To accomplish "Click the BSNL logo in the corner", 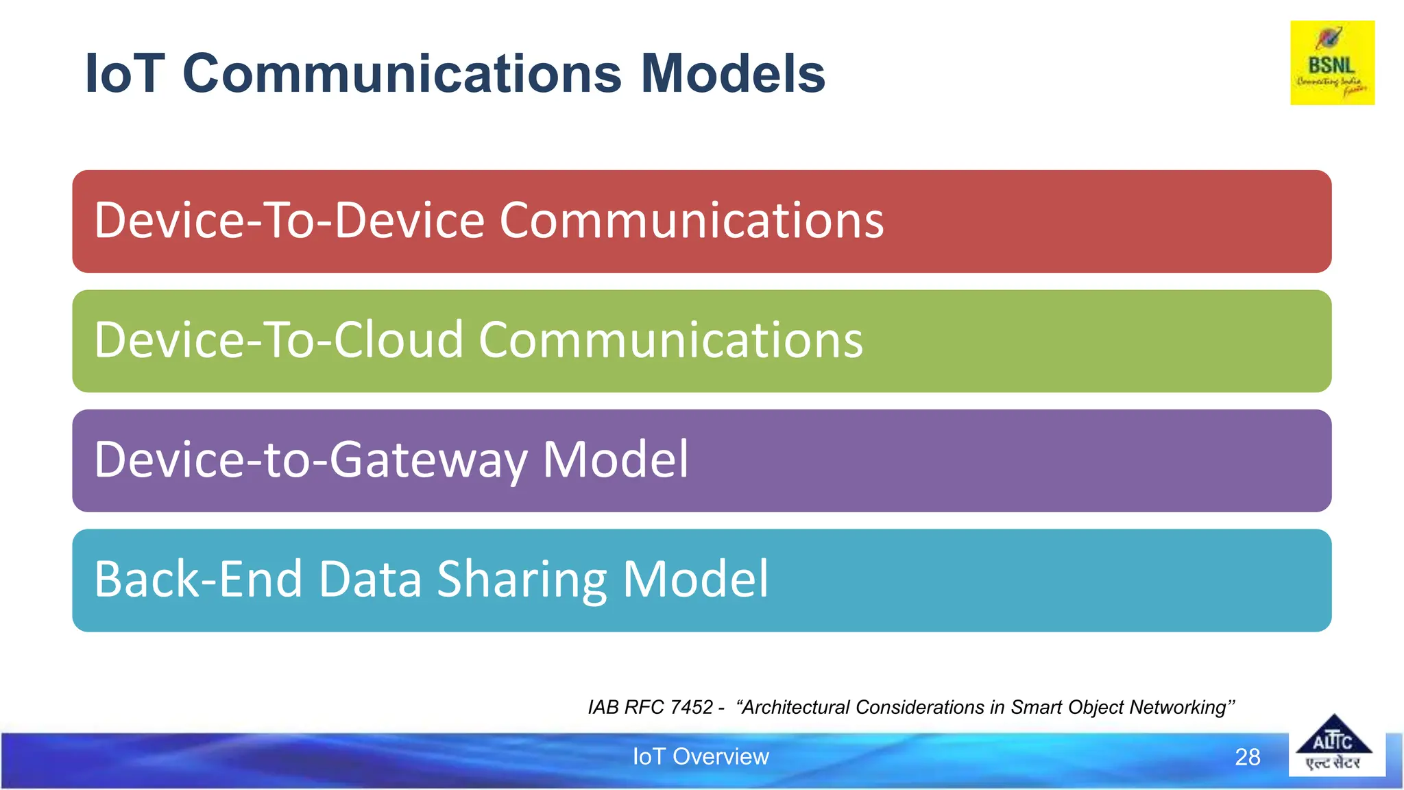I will pos(1332,63).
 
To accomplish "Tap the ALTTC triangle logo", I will pos(1333,744).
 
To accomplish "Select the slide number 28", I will pos(1247,757).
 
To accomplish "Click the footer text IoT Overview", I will pos(701,756).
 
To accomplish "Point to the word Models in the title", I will pos(733,73).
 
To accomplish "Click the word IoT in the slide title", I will pos(124,73).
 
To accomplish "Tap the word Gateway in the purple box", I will pos(428,460).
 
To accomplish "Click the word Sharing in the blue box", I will pos(522,579).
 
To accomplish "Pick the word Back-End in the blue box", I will pos(198,579).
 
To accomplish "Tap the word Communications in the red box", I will pos(692,221).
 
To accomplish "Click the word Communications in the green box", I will pos(670,340).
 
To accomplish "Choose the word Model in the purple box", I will pos(615,460).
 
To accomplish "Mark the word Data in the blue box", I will pos(370,579).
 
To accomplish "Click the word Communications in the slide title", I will pos(402,73).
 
